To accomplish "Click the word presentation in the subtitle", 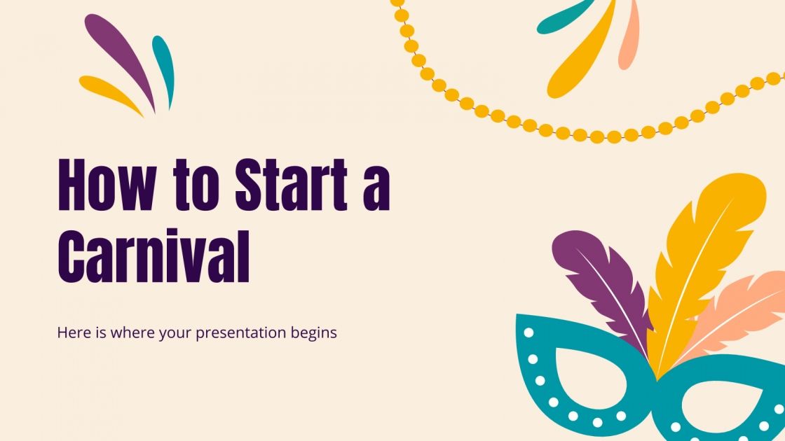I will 241,332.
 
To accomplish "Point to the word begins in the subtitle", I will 314,333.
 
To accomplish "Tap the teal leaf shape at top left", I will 165,70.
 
